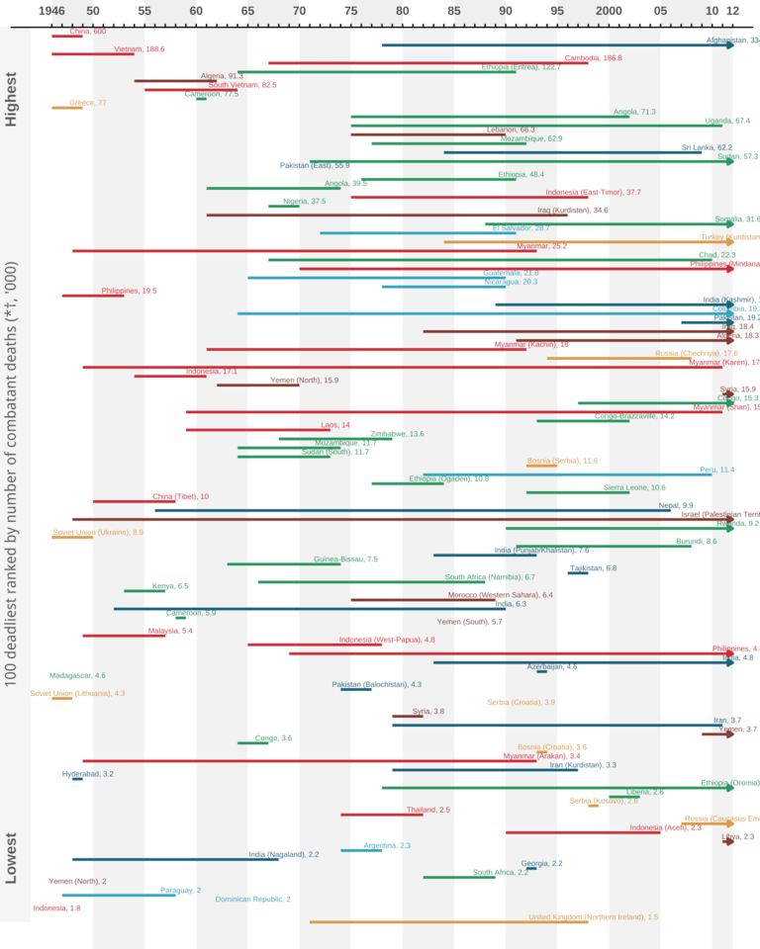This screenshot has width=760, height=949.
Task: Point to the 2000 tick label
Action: click(609, 11)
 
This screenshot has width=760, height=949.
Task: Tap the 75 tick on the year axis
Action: click(350, 11)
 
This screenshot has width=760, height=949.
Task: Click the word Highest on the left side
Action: click(12, 99)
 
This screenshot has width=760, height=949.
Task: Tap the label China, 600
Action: click(87, 32)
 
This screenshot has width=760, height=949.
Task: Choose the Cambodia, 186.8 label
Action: click(593, 58)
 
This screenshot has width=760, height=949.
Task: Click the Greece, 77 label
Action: click(87, 103)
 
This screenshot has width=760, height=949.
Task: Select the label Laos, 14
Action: click(335, 425)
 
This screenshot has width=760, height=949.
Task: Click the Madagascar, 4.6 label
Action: click(77, 675)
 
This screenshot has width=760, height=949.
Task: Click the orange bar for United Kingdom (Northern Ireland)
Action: click(445, 922)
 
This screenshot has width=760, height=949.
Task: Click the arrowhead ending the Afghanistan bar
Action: click(730, 45)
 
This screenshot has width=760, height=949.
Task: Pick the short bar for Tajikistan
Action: click(578, 573)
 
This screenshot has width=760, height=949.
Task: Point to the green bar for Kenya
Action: click(143, 591)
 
